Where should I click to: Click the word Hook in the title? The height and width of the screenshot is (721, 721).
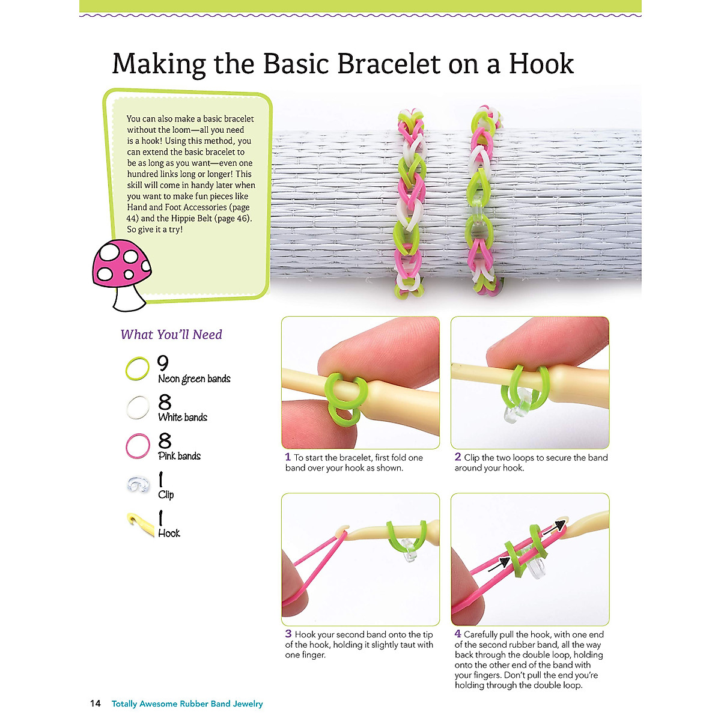point(541,64)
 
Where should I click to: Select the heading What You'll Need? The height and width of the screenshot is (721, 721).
point(171,335)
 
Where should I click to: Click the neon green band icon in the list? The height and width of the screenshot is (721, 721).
point(138,368)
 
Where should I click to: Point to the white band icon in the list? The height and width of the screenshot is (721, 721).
point(138,407)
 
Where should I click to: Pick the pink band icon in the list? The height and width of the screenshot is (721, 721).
point(138,446)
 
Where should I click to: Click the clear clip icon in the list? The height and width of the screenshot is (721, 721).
point(138,485)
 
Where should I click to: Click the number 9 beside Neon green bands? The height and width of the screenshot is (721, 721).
point(163,363)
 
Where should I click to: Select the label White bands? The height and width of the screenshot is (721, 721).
point(183,417)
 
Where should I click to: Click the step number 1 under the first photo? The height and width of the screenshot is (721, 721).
point(288,457)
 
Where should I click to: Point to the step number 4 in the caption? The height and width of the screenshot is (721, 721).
point(458,634)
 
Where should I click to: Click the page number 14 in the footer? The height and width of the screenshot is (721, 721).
point(96,704)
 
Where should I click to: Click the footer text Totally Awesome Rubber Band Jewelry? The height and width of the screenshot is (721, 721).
point(187,704)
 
